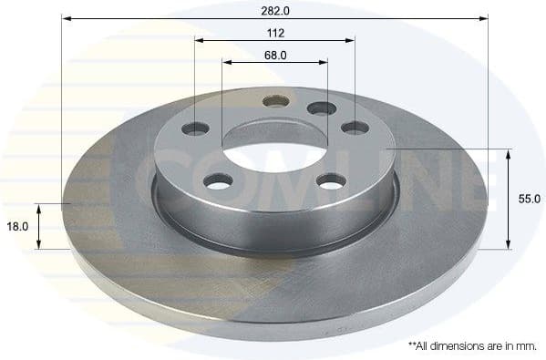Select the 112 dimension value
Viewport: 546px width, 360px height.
tap(276, 33)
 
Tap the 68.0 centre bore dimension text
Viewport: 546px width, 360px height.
tap(276, 55)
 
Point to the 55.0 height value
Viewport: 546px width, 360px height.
tap(531, 198)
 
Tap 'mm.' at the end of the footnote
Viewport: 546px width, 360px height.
tap(524, 347)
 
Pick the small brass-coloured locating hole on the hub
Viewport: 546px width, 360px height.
tap(276, 100)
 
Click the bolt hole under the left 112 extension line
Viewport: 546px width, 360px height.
tap(195, 129)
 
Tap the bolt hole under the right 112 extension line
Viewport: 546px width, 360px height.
tap(355, 128)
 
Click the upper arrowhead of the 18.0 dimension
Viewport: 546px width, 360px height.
tap(39, 209)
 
